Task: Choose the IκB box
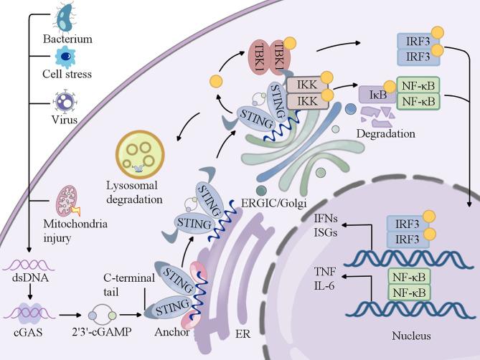(369, 93)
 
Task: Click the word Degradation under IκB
(391, 133)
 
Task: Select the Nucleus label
(413, 336)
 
